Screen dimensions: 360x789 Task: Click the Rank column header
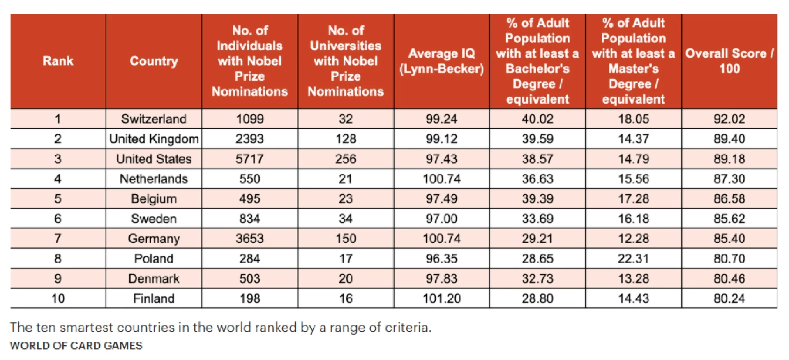click(58, 61)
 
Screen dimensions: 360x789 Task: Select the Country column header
click(154, 61)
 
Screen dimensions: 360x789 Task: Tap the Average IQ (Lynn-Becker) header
click(441, 61)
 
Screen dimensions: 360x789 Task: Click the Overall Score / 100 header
click(729, 61)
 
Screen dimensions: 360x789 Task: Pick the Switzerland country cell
click(154, 119)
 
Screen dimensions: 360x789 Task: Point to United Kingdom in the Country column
click(154, 139)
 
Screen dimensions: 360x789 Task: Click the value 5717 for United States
click(249, 159)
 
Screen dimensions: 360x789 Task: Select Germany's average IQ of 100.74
click(441, 239)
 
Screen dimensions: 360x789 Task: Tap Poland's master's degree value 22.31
click(633, 258)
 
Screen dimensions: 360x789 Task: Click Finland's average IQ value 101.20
click(441, 298)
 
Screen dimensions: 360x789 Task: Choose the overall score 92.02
click(729, 119)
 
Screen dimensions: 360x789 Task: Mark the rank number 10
click(58, 298)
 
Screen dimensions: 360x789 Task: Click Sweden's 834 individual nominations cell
click(249, 219)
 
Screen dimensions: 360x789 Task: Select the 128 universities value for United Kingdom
click(346, 139)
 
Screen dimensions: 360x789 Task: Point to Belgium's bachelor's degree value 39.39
click(538, 199)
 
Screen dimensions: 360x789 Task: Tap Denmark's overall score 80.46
click(729, 279)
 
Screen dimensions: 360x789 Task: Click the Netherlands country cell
click(154, 179)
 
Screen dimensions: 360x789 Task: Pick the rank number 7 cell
click(58, 239)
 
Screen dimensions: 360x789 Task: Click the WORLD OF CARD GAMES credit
click(76, 346)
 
